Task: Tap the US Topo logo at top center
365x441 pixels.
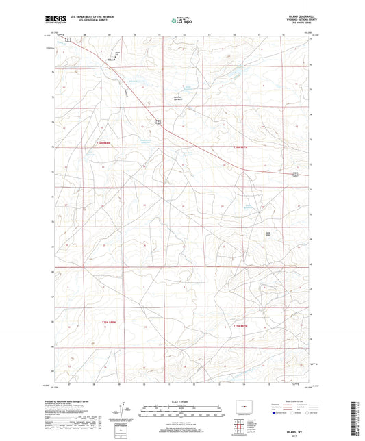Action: click(182, 21)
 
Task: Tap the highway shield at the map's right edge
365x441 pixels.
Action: click(294, 175)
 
